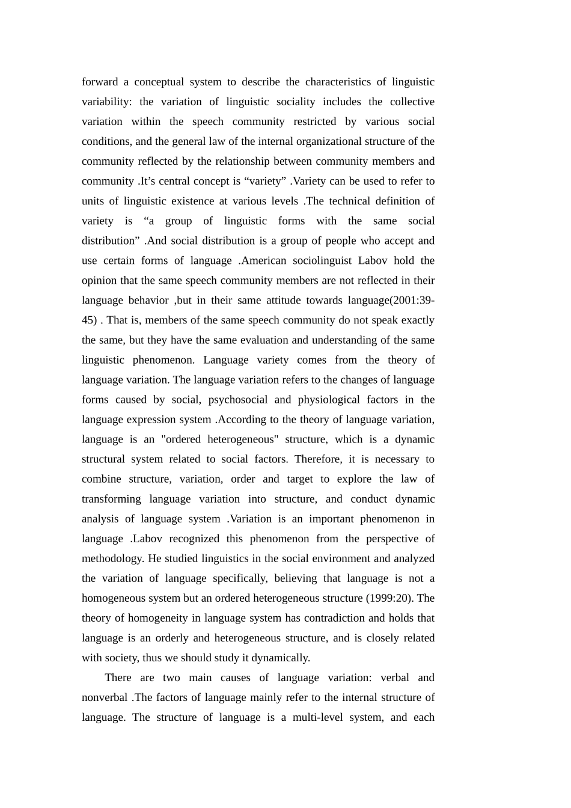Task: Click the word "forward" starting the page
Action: pyautogui.click(x=100, y=82)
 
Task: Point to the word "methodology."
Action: pyautogui.click(x=113, y=559)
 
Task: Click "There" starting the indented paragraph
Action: pyautogui.click(x=118, y=678)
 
